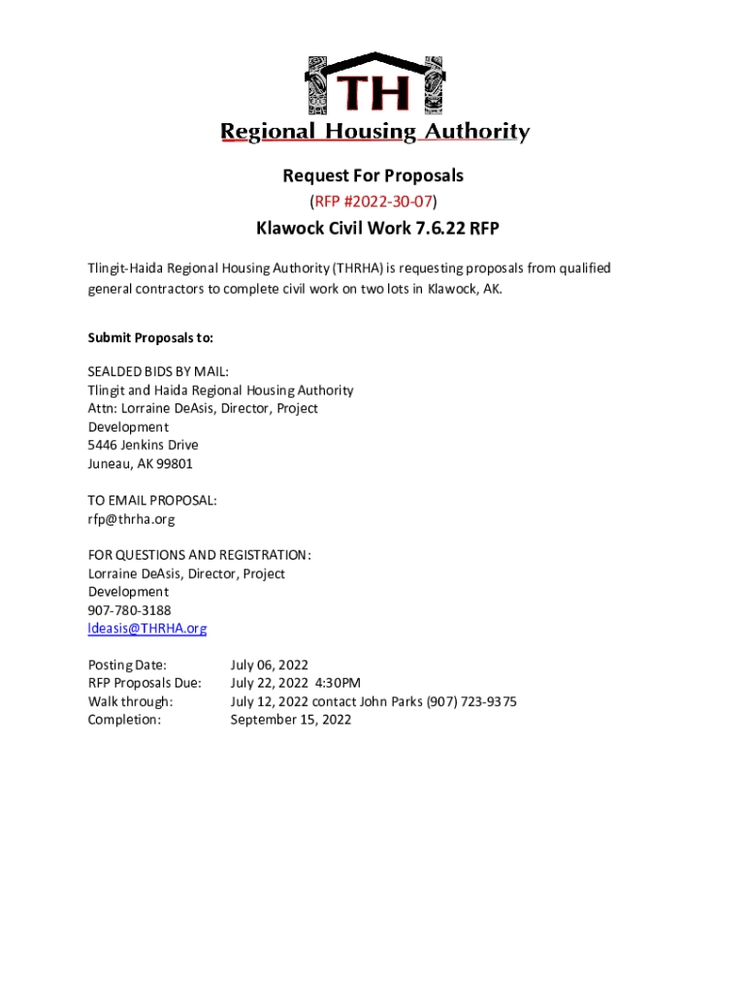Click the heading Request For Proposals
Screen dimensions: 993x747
(x=373, y=176)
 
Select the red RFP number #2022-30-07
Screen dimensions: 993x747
(x=373, y=202)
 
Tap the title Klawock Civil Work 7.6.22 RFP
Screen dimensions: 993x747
(x=373, y=229)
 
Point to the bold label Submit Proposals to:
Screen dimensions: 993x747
(x=150, y=338)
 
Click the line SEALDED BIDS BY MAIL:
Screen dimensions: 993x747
(x=158, y=371)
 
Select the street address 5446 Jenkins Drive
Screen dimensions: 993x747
(x=144, y=445)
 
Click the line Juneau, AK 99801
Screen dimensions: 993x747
(x=141, y=464)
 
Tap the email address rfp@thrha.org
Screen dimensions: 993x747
(x=132, y=519)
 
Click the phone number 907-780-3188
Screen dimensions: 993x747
(x=130, y=610)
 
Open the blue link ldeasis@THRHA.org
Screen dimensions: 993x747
(x=147, y=628)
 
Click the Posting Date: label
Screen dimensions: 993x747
(x=127, y=665)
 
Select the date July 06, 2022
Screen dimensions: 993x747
(x=269, y=665)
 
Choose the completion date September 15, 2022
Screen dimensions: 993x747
(x=291, y=720)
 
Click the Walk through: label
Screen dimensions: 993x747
(x=131, y=701)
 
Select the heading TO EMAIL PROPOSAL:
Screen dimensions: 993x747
(x=152, y=500)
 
